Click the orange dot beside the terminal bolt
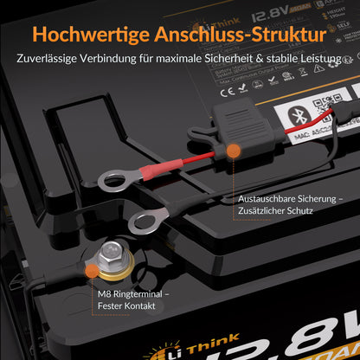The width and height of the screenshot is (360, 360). (93, 271)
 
